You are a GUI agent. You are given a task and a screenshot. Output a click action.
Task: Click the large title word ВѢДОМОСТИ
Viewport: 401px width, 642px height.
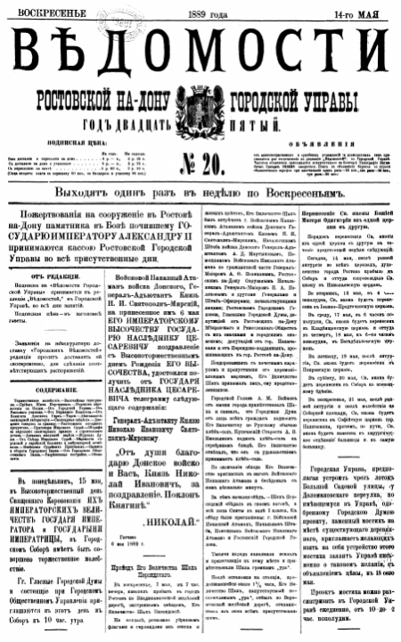(200, 53)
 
